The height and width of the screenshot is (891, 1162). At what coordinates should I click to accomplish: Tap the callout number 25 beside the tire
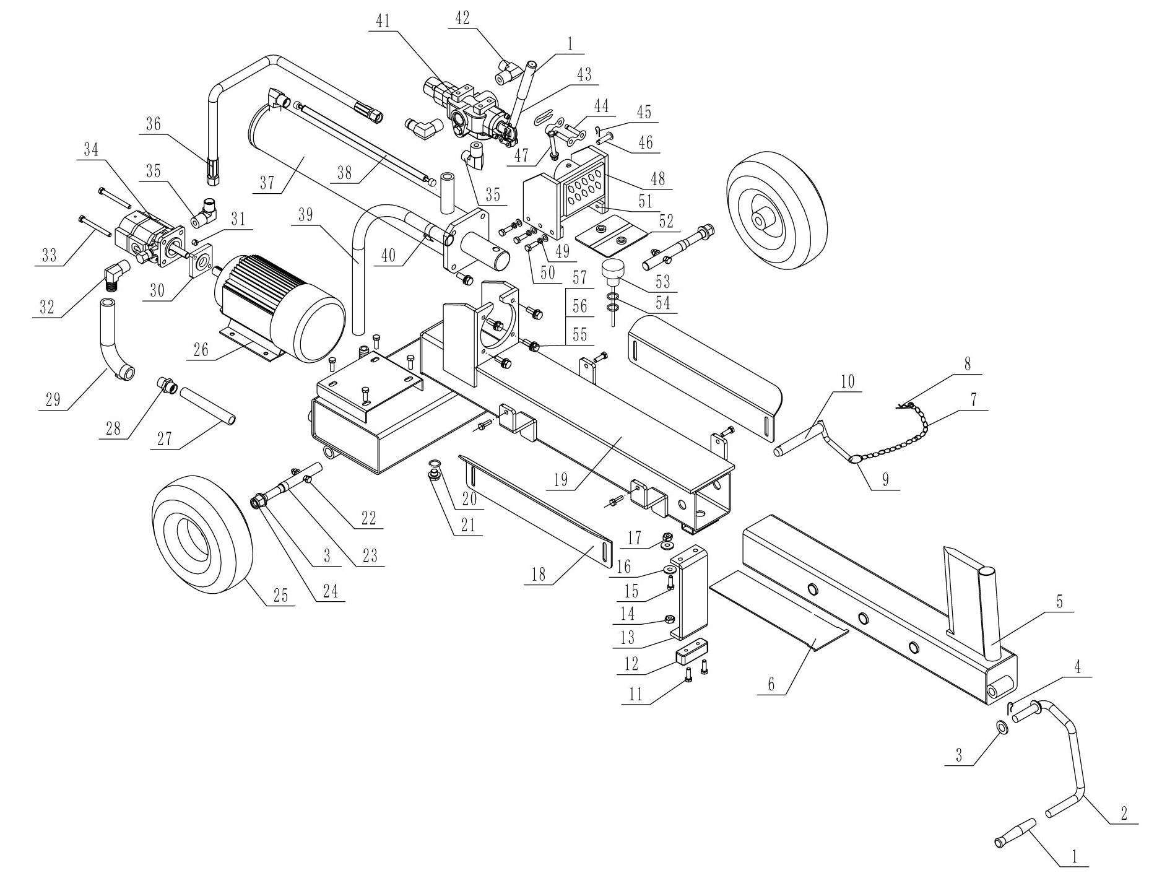(281, 595)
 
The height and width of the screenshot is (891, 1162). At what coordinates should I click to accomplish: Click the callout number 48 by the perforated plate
(657, 178)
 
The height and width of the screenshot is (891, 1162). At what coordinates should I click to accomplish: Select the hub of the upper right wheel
(761, 220)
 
